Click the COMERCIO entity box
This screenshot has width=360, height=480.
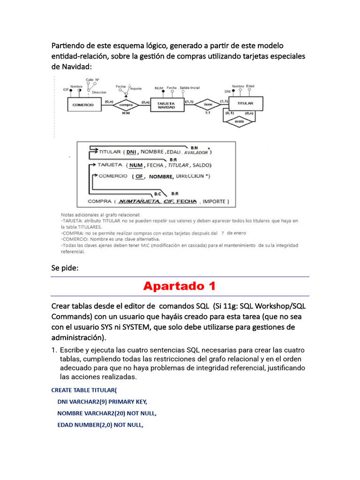(x=83, y=105)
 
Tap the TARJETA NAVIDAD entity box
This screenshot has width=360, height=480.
(x=166, y=105)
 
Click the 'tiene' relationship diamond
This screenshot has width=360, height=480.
(x=208, y=105)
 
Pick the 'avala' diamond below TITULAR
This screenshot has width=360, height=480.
(x=240, y=124)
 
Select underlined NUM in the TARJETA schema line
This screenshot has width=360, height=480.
(x=136, y=165)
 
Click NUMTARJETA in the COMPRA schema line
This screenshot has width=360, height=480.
(x=140, y=202)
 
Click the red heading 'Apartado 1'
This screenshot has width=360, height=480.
(x=180, y=286)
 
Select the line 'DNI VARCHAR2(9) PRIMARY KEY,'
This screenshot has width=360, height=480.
(x=102, y=402)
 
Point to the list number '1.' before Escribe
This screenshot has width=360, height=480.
(x=54, y=350)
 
